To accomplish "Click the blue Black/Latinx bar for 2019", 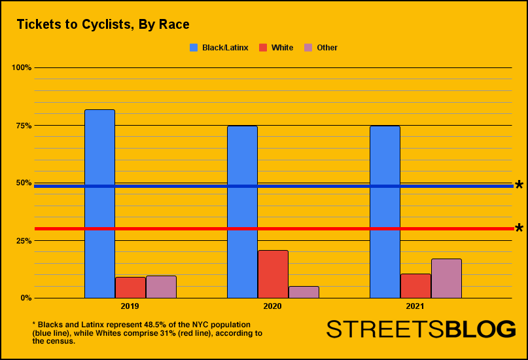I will pos(99,204).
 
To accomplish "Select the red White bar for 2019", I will pos(130,287).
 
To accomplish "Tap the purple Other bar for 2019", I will pos(161,287).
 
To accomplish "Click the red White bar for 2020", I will pos(273,274).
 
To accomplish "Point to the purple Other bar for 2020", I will pos(304,292).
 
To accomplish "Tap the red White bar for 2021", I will pos(415,285).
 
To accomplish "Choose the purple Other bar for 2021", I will pos(446,278).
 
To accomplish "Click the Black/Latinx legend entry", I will pos(219,48).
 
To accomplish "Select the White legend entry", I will pos(276,48).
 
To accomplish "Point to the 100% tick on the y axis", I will pos(22,67).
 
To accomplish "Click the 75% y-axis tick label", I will pos(23,125).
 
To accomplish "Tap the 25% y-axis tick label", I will pos(23,240).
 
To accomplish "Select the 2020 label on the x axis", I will pos(272,306).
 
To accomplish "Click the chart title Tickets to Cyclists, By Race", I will pos(103,25).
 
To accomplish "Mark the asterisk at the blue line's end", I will pos(519,186).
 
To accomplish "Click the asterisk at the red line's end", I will pos(519,228).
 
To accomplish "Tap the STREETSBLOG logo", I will pos(421,329).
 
